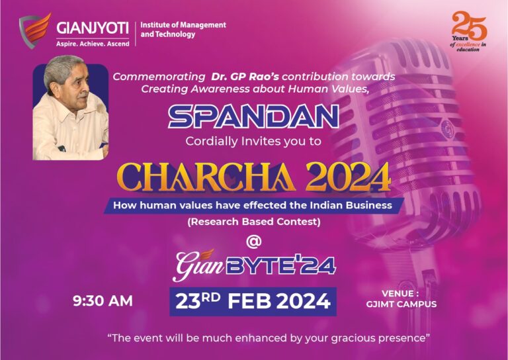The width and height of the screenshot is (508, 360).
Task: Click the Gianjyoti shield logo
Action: [x=35, y=31]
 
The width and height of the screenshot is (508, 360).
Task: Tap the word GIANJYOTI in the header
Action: [x=93, y=28]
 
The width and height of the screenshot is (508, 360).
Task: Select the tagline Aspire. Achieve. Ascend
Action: [x=93, y=44]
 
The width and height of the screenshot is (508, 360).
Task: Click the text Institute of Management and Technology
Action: [x=183, y=30]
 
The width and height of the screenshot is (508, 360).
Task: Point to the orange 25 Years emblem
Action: [x=469, y=31]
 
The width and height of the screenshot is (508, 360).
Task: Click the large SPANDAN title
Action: [x=253, y=116]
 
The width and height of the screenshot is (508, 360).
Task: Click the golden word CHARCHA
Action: [x=206, y=177]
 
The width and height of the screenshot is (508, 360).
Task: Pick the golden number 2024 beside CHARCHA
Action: [x=348, y=177]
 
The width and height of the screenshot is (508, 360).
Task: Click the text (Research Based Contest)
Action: [x=254, y=222]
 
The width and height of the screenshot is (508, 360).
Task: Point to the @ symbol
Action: [x=254, y=242]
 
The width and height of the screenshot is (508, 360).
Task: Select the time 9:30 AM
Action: [x=103, y=301]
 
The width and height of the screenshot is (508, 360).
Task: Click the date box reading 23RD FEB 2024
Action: [x=253, y=302]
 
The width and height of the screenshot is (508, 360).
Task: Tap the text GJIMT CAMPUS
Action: [x=402, y=304]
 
